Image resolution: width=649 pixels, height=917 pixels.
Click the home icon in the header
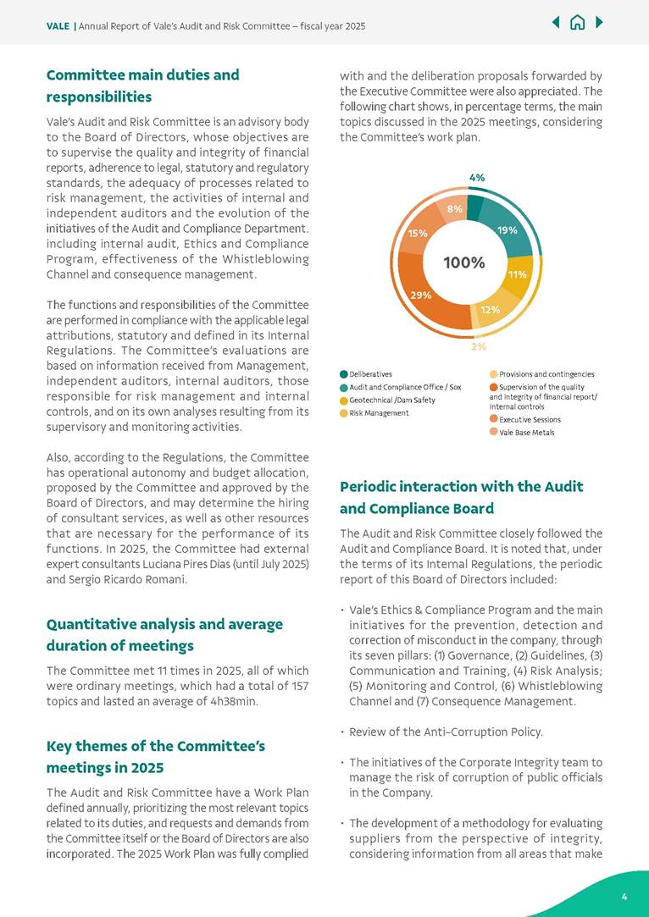[578, 23]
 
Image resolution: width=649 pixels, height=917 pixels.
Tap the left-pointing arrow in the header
[556, 23]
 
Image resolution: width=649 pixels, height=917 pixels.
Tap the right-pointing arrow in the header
[600, 23]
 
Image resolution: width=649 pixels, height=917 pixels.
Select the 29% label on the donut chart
[421, 295]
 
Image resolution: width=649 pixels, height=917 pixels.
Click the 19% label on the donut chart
[508, 229]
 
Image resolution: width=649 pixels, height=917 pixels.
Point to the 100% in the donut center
[464, 262]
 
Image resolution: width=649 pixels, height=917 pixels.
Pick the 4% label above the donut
[477, 178]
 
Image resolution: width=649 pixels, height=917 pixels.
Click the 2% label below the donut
[479, 346]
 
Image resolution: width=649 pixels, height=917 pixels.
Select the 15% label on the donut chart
[417, 232]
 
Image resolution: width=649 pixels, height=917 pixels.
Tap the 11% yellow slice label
[518, 274]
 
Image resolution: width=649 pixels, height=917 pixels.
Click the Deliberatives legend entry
[370, 373]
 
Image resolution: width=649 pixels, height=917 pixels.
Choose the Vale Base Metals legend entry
[526, 432]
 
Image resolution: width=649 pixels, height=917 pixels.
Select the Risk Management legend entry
[379, 412]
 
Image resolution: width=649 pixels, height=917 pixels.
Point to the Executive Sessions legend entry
[530, 419]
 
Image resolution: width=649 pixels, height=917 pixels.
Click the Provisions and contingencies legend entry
[546, 373]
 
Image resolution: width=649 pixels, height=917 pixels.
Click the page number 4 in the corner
[624, 897]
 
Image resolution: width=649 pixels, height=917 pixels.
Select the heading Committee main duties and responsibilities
[142, 86]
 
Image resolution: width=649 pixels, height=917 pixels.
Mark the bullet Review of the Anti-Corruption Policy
[446, 732]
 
